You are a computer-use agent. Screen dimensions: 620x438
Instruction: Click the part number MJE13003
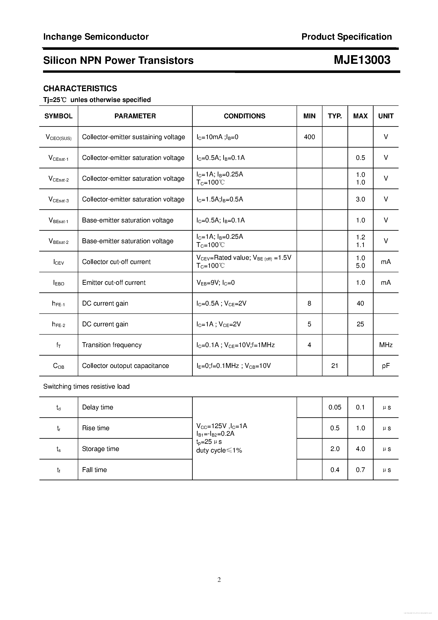pyautogui.click(x=362, y=60)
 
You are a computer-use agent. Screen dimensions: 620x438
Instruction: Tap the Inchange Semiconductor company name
pyautogui.click(x=96, y=37)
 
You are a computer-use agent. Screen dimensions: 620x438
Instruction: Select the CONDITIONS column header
pyautogui.click(x=244, y=116)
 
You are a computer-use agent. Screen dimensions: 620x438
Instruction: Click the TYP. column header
pyautogui.click(x=335, y=116)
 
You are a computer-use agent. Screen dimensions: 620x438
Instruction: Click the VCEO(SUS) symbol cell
pyautogui.click(x=59, y=137)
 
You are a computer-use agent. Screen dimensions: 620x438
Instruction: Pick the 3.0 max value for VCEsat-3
pyautogui.click(x=360, y=199)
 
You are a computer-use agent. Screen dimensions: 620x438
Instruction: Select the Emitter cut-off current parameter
pyautogui.click(x=114, y=282)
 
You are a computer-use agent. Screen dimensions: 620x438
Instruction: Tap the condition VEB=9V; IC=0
pyautogui.click(x=215, y=283)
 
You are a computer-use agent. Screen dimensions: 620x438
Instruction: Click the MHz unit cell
pyautogui.click(x=386, y=345)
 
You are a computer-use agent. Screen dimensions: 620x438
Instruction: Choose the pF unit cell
pyautogui.click(x=386, y=366)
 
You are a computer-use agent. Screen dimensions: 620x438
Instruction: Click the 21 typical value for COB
pyautogui.click(x=335, y=366)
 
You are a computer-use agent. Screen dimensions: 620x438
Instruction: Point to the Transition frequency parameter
pyautogui.click(x=112, y=345)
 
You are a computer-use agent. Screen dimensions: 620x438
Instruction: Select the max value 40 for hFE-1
pyautogui.click(x=360, y=303)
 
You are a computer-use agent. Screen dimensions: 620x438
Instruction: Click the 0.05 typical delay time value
pyautogui.click(x=335, y=407)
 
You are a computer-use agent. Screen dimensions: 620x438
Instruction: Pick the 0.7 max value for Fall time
pyautogui.click(x=360, y=470)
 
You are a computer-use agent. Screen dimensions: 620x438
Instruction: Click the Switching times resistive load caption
pyautogui.click(x=86, y=386)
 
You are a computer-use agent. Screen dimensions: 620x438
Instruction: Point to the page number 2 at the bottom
pyautogui.click(x=219, y=580)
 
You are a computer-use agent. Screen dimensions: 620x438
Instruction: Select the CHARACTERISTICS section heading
pyautogui.click(x=80, y=89)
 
